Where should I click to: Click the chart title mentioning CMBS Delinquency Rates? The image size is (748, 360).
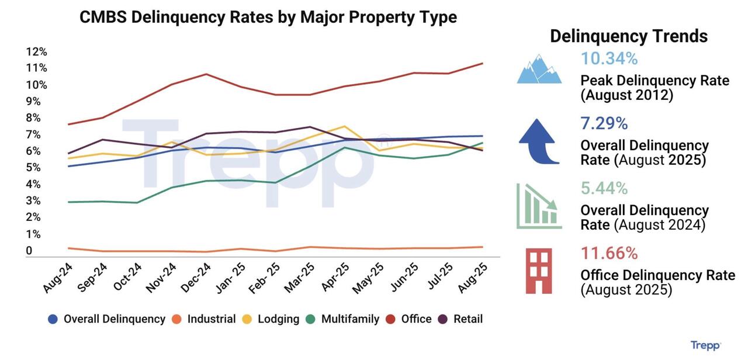268,17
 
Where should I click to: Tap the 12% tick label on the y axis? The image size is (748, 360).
36,51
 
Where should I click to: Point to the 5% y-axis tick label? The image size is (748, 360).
33,168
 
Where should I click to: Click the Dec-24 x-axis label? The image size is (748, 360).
196,277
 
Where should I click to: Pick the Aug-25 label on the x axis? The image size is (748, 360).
474,277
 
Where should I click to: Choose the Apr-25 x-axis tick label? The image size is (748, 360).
336,277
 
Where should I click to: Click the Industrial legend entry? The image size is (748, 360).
211,319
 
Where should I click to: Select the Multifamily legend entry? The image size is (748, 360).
350,319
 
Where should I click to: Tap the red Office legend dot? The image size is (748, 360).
392,319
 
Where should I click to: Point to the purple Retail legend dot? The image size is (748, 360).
444,319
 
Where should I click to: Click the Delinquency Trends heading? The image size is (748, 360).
629,36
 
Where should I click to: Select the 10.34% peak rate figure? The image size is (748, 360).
609,59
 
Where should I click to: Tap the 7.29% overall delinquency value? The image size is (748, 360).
604,124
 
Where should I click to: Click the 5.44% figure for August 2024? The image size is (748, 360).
604,188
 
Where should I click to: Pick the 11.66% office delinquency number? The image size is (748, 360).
609,253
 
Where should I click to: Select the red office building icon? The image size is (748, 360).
539,271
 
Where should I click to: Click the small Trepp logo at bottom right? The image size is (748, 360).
705,345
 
